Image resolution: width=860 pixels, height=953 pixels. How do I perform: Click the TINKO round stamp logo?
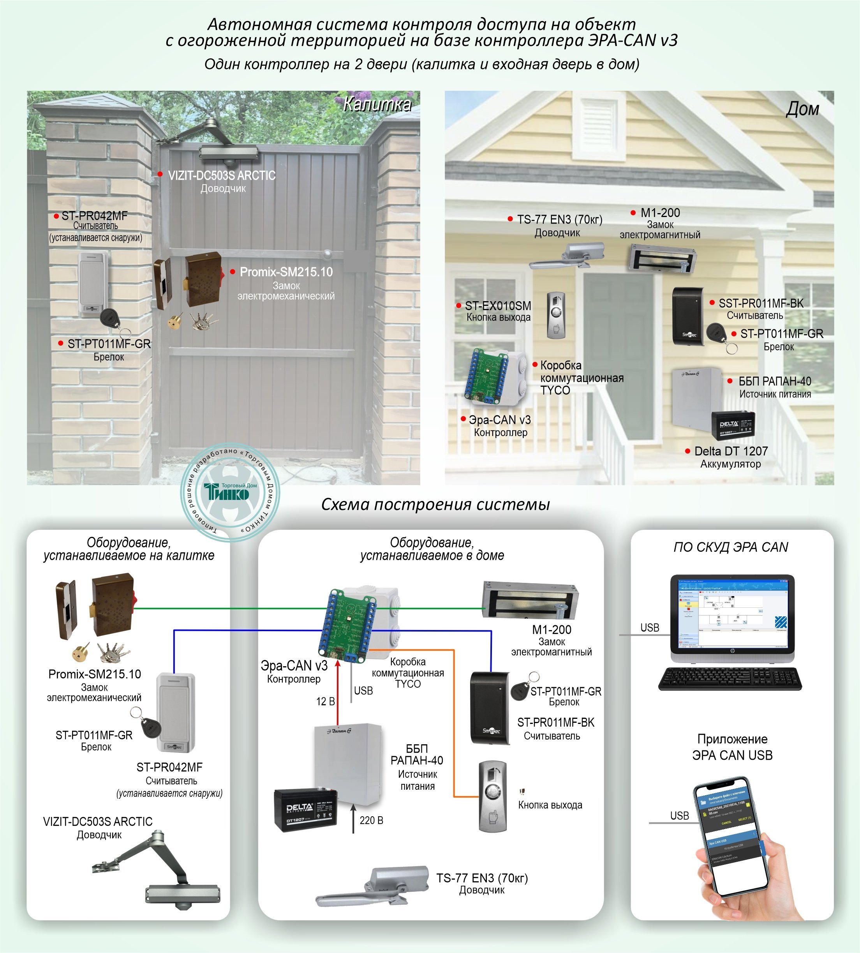pos(230,493)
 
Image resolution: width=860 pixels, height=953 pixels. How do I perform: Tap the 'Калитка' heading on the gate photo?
pos(377,104)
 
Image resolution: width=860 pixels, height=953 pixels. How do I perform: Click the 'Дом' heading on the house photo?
pos(802,109)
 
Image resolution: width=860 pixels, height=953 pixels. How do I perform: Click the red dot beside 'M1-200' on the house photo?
pos(633,213)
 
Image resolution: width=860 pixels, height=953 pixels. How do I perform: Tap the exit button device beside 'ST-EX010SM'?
pos(556,315)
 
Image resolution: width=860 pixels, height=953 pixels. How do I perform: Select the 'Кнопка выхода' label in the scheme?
pos(550,805)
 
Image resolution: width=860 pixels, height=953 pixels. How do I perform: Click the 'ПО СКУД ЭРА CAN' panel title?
pos(731,547)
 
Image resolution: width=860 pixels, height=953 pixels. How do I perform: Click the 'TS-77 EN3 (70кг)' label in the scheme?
pos(481,878)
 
